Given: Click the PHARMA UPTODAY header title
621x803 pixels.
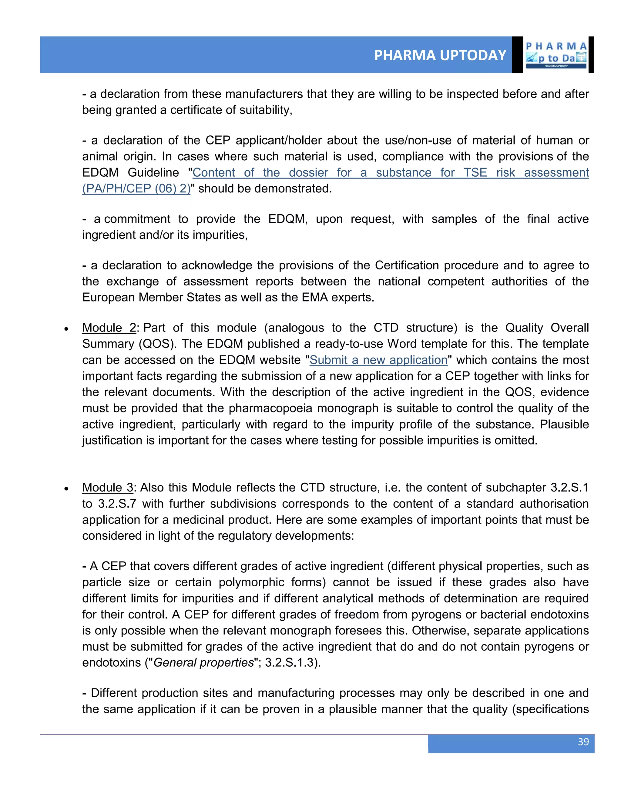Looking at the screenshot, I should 440,55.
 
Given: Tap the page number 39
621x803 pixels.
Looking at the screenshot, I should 583,741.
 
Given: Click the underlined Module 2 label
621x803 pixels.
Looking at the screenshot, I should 109,328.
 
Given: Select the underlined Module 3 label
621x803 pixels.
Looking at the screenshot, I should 107,487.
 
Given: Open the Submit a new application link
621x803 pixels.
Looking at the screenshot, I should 378,360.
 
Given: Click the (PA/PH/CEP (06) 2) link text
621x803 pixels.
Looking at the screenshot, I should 136,188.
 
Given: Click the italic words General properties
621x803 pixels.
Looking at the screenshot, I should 203,662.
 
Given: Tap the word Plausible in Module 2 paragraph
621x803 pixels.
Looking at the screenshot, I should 564,424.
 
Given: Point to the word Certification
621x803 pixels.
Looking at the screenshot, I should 407,265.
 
